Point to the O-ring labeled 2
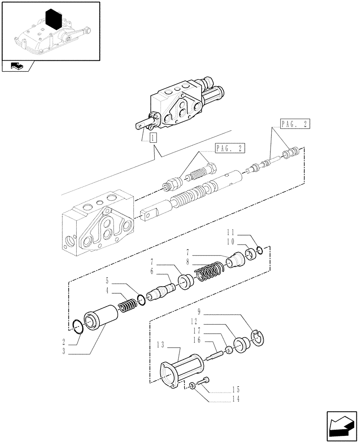pos(78,328)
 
